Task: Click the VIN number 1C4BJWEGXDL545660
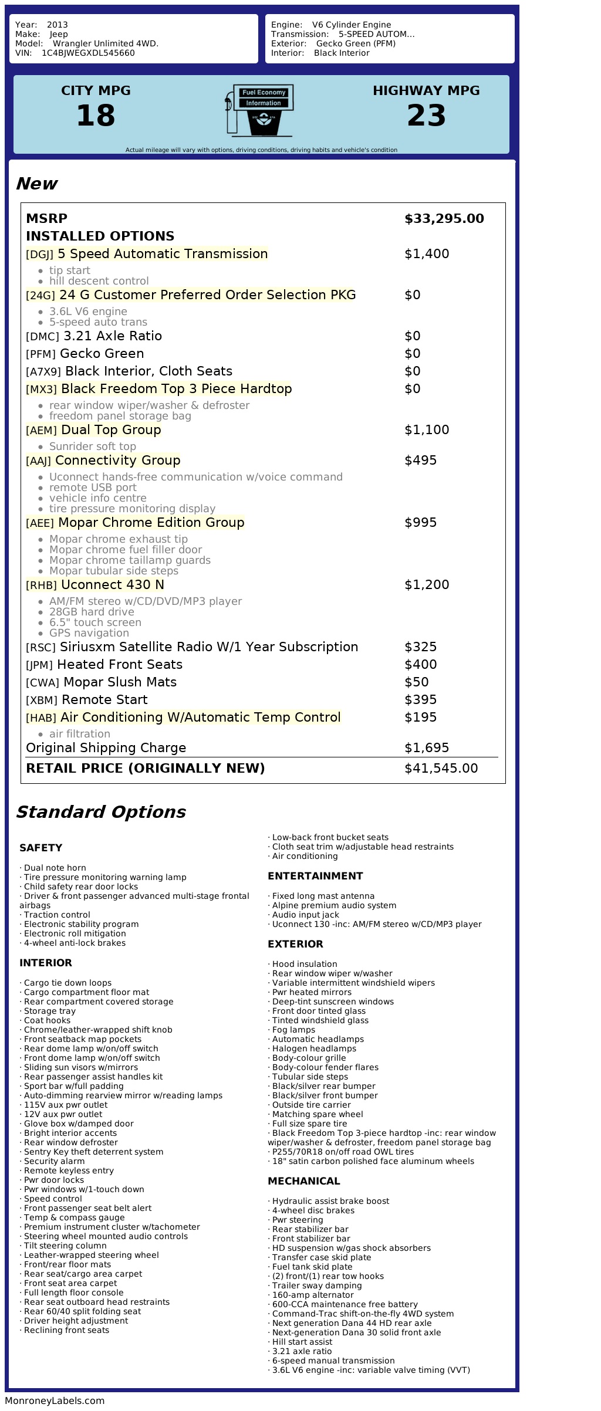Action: point(88,53)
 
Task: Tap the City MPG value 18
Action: point(96,115)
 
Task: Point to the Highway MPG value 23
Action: point(426,115)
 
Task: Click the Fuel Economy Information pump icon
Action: point(258,110)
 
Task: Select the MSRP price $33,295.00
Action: point(444,219)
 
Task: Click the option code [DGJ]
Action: point(39,255)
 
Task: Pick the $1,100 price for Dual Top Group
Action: point(427,430)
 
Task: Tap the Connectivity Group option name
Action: point(117,461)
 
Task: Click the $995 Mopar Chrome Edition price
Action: point(420,523)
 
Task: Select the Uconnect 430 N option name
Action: point(113,585)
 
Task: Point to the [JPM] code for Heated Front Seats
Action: point(39,665)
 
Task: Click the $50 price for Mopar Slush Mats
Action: point(416,682)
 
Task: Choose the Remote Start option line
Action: point(104,700)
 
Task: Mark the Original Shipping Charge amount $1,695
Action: point(427,748)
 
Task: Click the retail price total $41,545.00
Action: point(441,769)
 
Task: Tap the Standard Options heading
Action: point(100,812)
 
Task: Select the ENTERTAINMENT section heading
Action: point(315,876)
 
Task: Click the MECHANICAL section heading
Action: point(303,1181)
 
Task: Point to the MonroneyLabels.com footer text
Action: point(55,1400)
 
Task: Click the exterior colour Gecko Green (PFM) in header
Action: point(356,43)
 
